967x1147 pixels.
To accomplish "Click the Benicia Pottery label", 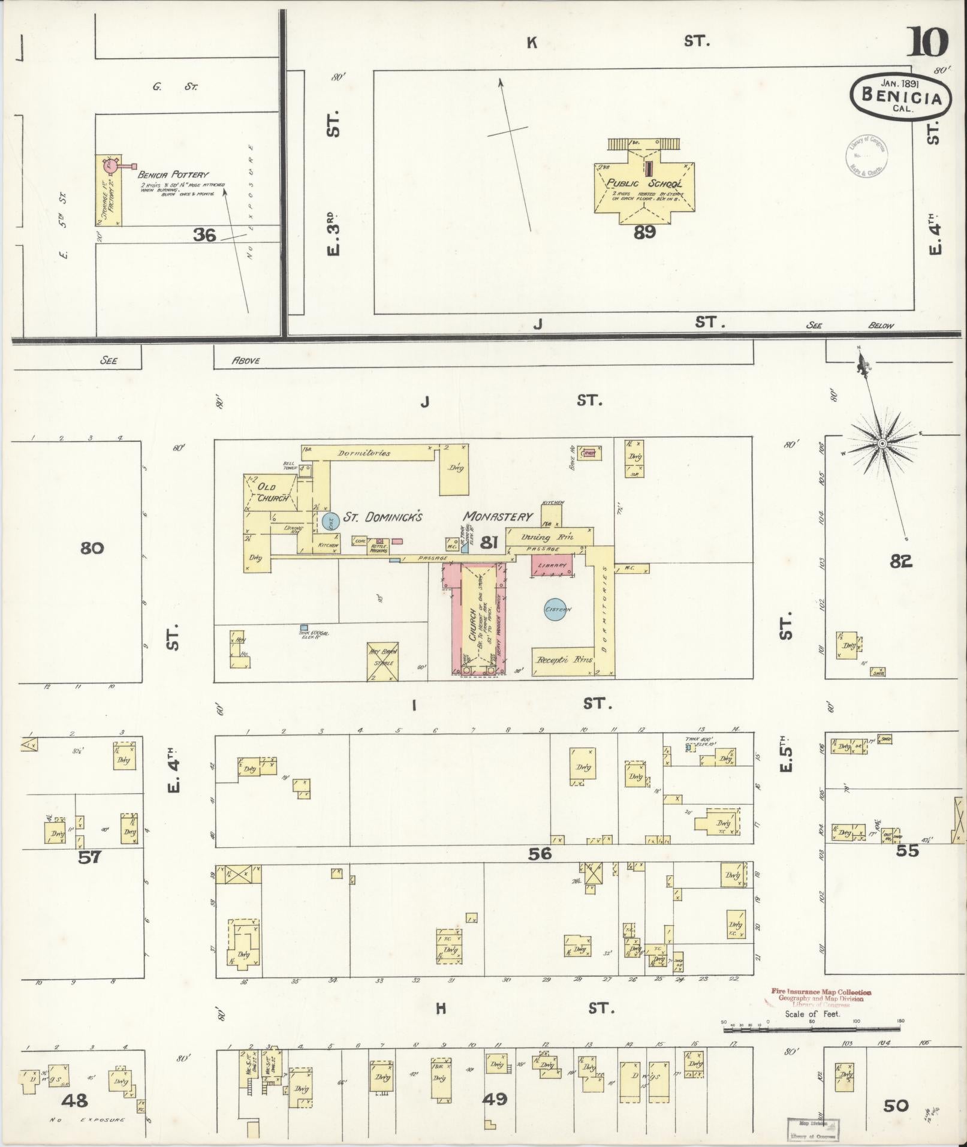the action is (173, 174).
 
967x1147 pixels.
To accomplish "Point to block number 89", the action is (644, 232).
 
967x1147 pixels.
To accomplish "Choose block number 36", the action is (204, 235).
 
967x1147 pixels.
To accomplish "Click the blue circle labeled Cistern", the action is (558, 610).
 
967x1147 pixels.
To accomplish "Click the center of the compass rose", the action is (882, 443).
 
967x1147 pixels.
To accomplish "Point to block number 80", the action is (92, 547).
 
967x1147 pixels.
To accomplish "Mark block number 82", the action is (900, 561).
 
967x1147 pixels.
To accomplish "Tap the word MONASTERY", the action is (498, 516).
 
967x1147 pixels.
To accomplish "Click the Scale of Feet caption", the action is (809, 1014).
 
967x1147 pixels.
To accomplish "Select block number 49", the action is (495, 1099).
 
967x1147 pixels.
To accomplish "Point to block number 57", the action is (90, 857).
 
